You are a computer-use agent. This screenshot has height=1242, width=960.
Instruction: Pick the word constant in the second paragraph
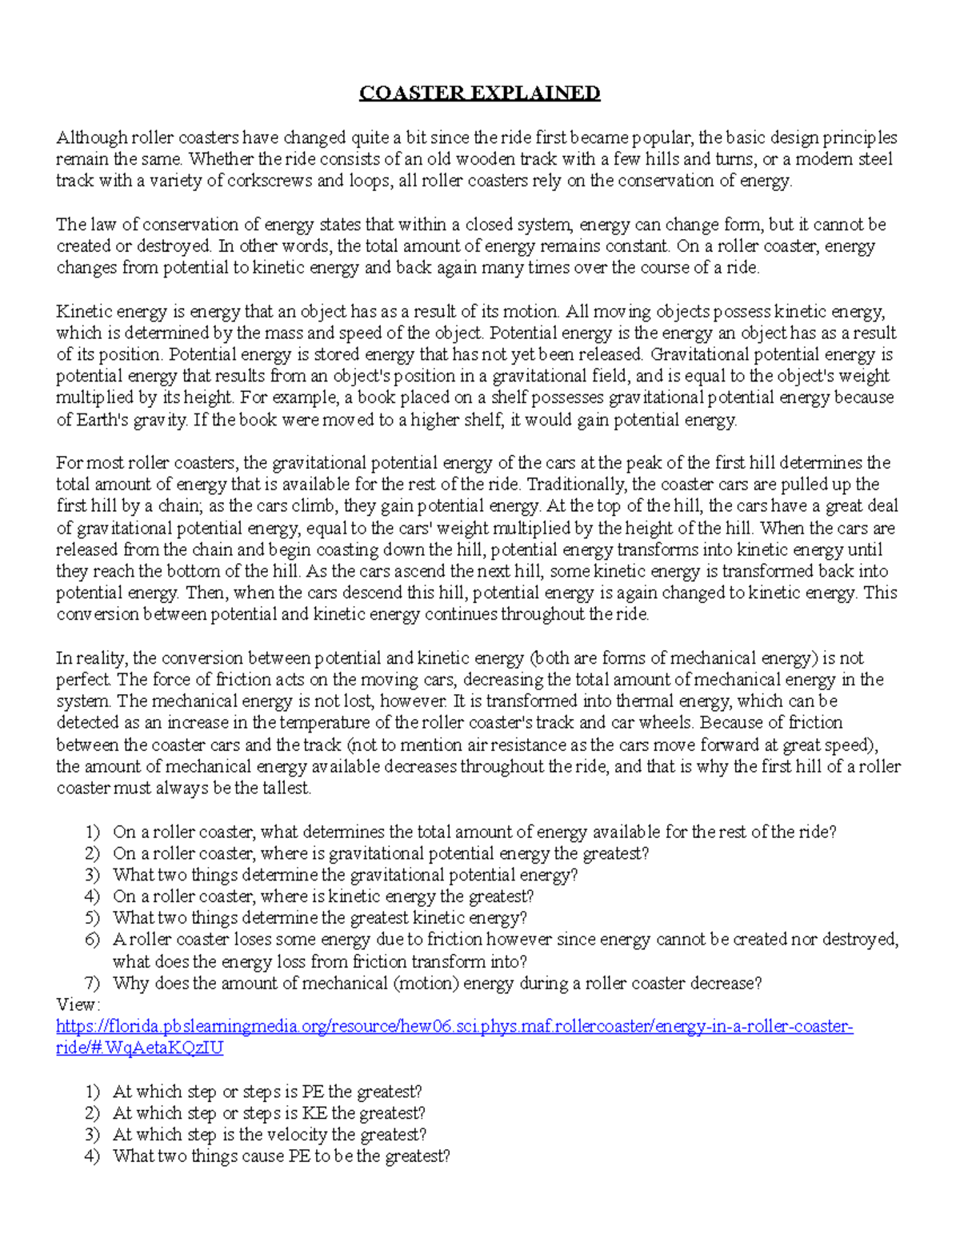tap(639, 246)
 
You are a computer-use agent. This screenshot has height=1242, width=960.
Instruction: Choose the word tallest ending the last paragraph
tap(283, 788)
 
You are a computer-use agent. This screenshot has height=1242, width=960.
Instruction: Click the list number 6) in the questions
tap(93, 940)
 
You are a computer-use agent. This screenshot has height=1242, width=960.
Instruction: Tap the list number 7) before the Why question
tap(93, 983)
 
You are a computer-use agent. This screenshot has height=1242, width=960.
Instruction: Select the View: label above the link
tap(78, 1004)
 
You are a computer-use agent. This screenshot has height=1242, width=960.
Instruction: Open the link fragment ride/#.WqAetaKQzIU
tap(139, 1048)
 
